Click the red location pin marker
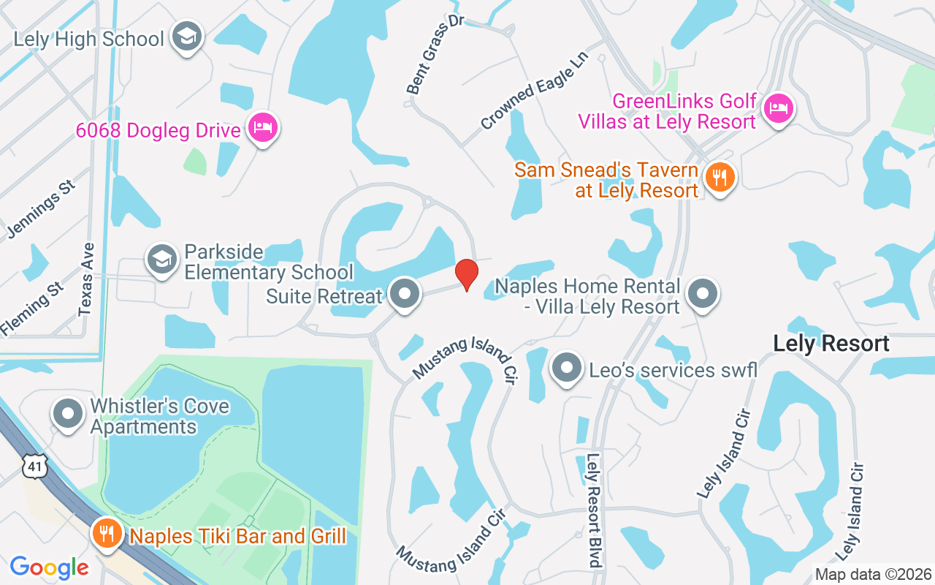click(x=467, y=274)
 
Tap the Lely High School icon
click(x=187, y=37)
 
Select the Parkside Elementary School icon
click(x=161, y=259)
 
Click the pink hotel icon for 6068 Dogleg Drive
click(x=262, y=129)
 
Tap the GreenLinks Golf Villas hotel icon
click(x=779, y=110)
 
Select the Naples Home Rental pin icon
click(x=703, y=294)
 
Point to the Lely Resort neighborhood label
click(x=831, y=344)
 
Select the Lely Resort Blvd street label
click(x=593, y=510)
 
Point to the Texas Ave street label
click(x=87, y=279)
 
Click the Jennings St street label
click(x=42, y=210)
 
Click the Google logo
click(x=49, y=567)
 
